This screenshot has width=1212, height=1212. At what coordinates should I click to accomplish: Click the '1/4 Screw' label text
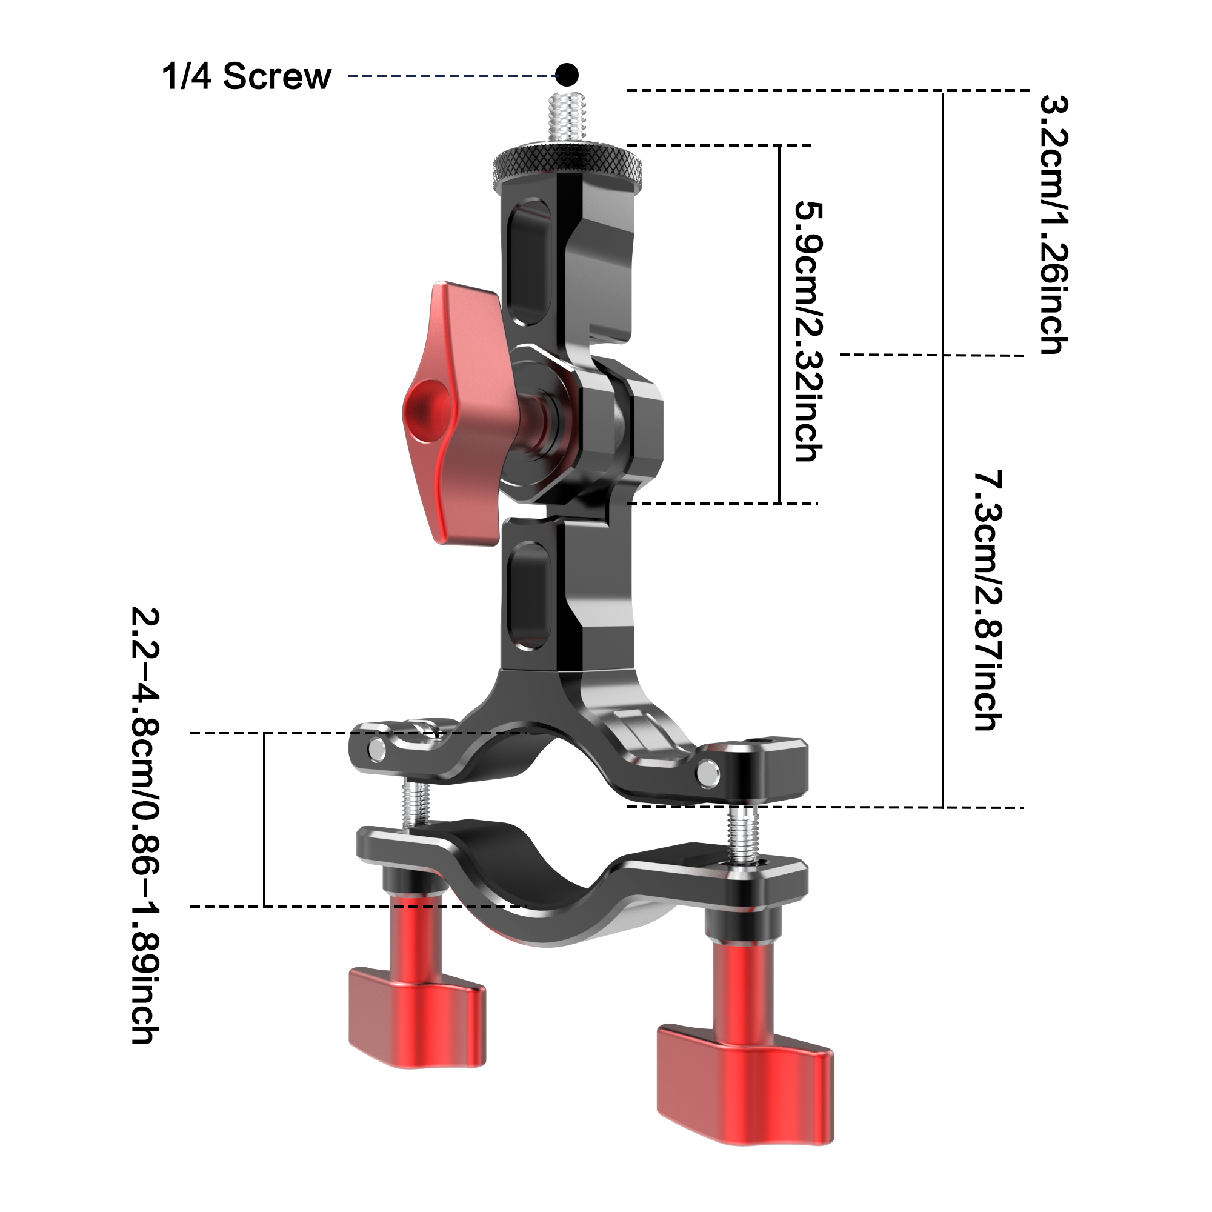(246, 76)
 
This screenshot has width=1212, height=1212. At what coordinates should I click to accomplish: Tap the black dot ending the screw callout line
(567, 75)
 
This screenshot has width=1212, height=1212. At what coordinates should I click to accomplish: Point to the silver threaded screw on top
(566, 122)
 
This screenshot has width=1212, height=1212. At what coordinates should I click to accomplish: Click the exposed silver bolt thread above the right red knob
(744, 834)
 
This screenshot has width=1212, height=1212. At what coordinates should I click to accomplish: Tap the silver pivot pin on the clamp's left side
(378, 749)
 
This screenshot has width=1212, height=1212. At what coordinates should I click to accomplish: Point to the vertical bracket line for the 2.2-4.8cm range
(265, 819)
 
